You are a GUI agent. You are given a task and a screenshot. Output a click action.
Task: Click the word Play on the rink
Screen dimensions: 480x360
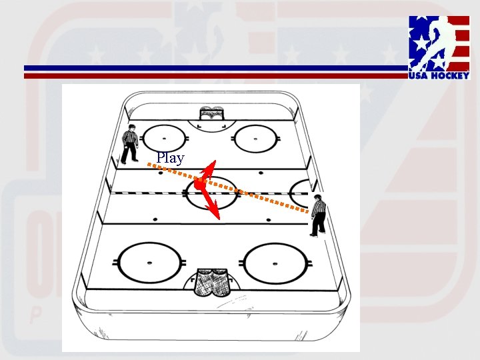coord(170,158)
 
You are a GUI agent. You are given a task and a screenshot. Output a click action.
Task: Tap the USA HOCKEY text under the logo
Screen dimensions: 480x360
coord(439,75)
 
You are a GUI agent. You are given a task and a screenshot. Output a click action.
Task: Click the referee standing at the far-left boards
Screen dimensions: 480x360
coord(129,144)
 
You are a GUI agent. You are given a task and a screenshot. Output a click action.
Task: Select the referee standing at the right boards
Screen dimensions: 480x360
coord(319,215)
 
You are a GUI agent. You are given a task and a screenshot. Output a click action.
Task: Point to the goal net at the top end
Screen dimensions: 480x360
coord(211,113)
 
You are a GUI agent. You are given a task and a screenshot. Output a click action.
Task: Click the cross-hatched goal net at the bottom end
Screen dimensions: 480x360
coord(211,283)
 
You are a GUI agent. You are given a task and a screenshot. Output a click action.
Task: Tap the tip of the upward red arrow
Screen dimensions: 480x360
coord(215,161)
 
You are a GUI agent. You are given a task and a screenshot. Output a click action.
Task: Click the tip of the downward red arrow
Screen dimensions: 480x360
coord(219,219)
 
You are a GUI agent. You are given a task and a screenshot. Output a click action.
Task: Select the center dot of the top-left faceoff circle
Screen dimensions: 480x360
coord(164,139)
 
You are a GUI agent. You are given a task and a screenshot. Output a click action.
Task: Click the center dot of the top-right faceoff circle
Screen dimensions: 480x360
coord(255,139)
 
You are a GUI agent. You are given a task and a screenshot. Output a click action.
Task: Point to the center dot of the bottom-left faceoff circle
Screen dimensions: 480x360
coord(149,263)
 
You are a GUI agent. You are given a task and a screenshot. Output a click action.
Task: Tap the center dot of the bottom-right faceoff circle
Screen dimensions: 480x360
coord(275,263)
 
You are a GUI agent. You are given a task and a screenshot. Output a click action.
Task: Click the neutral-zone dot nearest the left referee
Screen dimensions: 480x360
coord(161,173)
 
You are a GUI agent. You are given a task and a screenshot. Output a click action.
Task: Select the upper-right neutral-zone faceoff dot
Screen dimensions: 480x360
coord(261,173)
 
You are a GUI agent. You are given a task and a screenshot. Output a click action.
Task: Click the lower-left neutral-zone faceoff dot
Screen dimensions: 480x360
coord(155,219)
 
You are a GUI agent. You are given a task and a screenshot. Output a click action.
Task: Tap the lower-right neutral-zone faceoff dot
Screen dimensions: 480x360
coord(269,220)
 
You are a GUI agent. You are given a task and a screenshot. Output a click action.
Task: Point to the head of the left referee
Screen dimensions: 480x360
coord(132,127)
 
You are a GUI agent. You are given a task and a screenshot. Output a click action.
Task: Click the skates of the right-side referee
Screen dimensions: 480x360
coord(318,234)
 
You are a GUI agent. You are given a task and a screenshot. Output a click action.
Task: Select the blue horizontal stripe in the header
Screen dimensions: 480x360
coord(216,68)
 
